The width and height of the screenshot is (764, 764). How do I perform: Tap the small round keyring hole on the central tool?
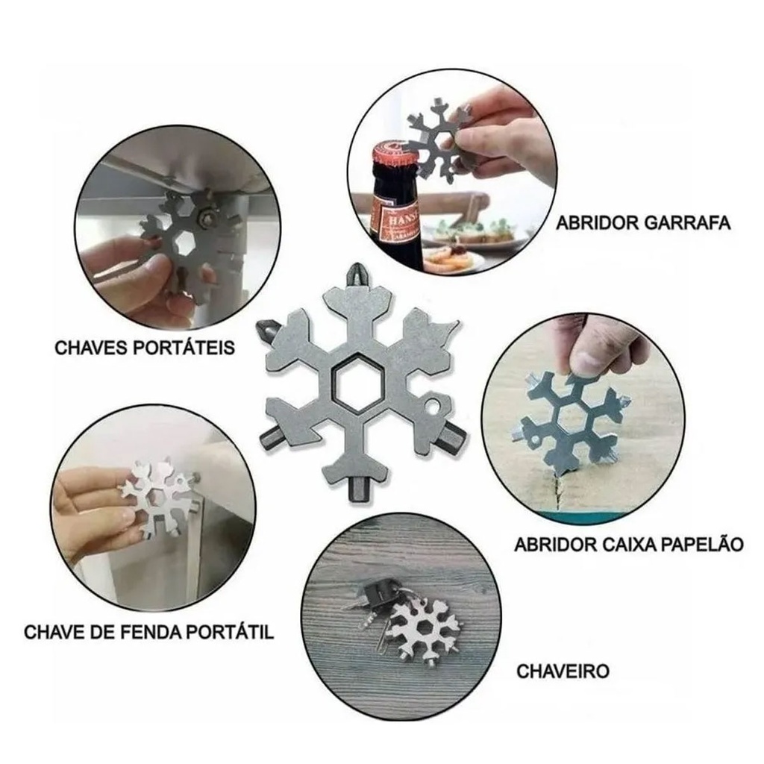[x=432, y=405]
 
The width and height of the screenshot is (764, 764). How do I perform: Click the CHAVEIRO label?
[x=563, y=671]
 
